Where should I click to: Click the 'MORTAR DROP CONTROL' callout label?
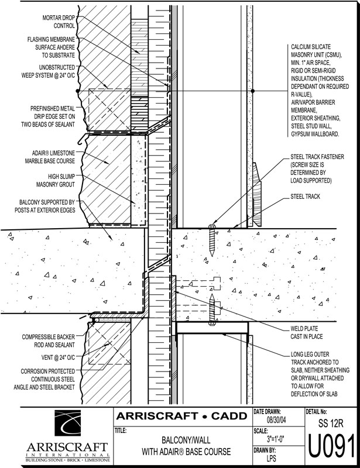[59, 22]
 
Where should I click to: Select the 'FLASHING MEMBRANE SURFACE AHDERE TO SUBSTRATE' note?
[51, 47]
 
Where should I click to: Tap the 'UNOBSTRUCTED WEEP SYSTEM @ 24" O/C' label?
[48, 71]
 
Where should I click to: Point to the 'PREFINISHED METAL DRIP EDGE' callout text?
[48, 116]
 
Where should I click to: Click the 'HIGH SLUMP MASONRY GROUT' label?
[56, 181]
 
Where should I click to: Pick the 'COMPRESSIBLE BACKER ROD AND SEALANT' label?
[49, 341]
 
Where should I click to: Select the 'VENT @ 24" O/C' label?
[58, 357]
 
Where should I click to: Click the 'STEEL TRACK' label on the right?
[305, 197]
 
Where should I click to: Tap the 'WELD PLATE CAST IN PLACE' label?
[307, 332]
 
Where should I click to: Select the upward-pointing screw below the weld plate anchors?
[212, 309]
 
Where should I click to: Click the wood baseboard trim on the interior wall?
[257, 194]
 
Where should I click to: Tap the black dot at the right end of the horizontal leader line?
[253, 91]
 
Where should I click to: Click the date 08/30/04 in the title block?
[276, 420]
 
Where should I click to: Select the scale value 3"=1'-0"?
[276, 439]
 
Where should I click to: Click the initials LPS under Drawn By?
[271, 458]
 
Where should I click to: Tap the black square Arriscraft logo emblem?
[67, 422]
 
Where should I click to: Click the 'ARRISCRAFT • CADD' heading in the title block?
[181, 416]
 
